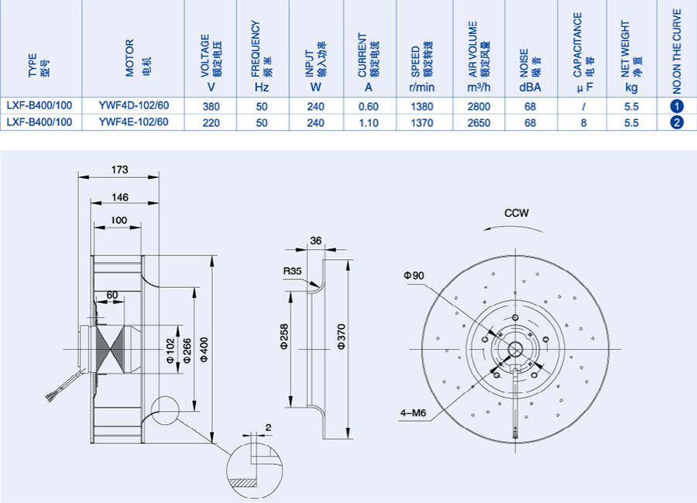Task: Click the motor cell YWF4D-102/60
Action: (133, 107)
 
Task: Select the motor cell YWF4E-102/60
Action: (133, 122)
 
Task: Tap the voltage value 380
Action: (209, 107)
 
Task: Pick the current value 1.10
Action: (369, 122)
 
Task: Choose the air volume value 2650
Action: (479, 122)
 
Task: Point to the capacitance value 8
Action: (583, 122)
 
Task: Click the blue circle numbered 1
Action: (676, 107)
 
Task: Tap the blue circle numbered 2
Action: (676, 122)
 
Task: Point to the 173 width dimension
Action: (119, 169)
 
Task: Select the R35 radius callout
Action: (291, 272)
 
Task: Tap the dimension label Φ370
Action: (341, 338)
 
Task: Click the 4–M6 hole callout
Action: (414, 412)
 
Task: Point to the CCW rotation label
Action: (516, 213)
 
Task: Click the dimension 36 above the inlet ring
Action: (315, 241)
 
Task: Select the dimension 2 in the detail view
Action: (268, 427)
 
